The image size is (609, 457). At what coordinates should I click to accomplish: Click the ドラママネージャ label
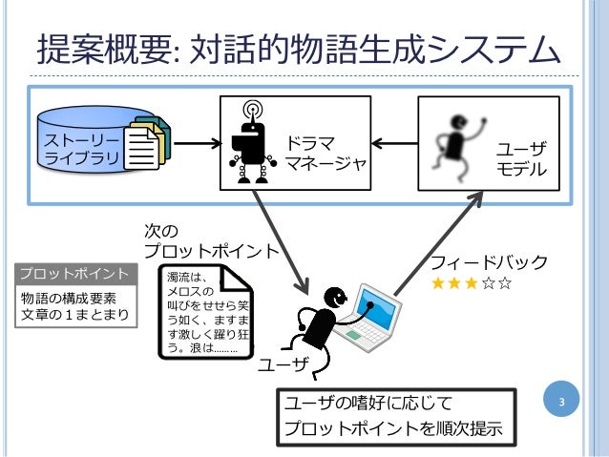click(x=325, y=154)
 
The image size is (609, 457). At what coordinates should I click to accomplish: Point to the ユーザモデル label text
click(x=521, y=159)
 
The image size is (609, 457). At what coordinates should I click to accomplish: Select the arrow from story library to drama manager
click(x=195, y=145)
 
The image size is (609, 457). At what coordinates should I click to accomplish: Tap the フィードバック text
click(x=489, y=262)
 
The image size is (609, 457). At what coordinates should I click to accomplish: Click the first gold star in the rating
click(x=438, y=283)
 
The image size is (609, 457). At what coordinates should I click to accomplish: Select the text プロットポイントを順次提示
click(x=393, y=428)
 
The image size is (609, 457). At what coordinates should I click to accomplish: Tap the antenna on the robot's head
click(x=252, y=108)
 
